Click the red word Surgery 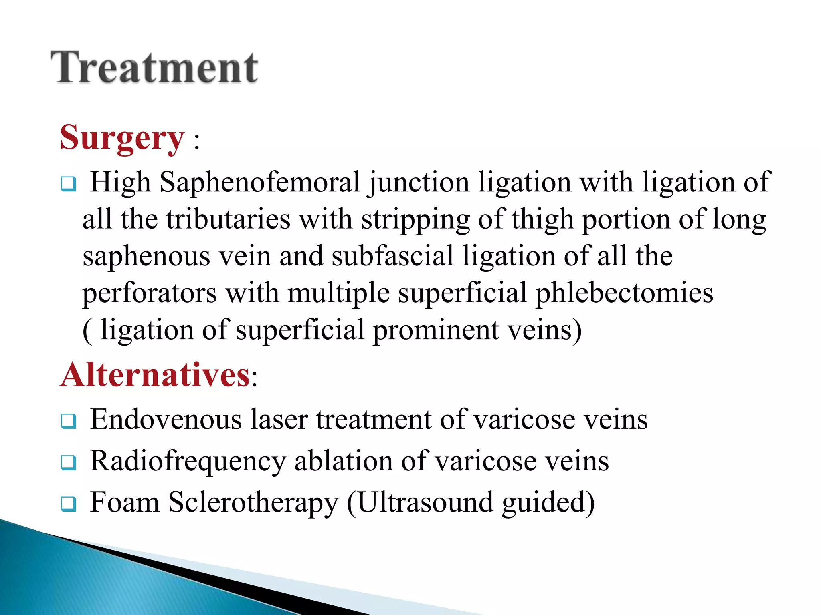click(x=122, y=138)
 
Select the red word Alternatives click(x=156, y=375)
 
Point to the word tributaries click(x=228, y=219)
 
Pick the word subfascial click(x=392, y=256)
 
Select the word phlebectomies click(x=624, y=293)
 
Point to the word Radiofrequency click(x=188, y=462)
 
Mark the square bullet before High click(x=69, y=185)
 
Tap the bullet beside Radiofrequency click(x=69, y=463)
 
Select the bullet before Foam click(x=69, y=504)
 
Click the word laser click(x=279, y=420)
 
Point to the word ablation click(x=344, y=461)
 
